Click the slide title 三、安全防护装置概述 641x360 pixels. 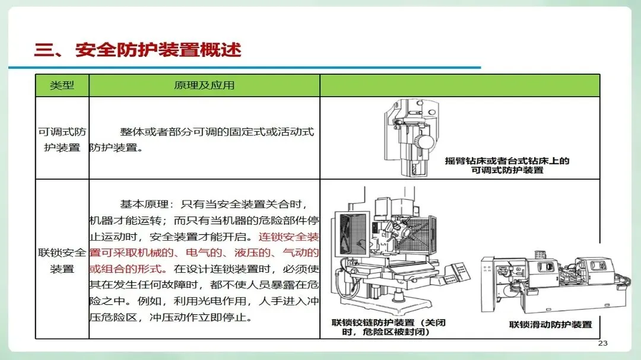pos(138,50)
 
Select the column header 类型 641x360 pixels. pos(62,85)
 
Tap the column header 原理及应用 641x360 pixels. pos(204,85)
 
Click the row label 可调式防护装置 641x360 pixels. pos(62,139)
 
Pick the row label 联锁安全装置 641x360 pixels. pos(62,260)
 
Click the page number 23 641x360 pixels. pos(602,343)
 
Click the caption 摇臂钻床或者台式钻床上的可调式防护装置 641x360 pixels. pos(507,165)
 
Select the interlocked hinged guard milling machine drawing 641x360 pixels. pos(401,250)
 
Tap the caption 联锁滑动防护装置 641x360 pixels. pos(551,324)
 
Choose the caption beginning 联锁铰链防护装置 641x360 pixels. pos(388,327)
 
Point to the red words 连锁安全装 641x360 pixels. pos(288,237)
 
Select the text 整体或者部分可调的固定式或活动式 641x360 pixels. pos(217,132)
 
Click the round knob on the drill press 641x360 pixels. pos(425,142)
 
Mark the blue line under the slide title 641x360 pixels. pos(245,68)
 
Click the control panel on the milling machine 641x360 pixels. pos(457,272)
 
